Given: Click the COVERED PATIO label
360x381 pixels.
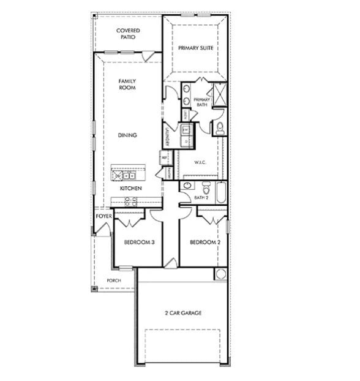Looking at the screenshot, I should pyautogui.click(x=128, y=34).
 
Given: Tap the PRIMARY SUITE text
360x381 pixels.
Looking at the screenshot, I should pyautogui.click(x=196, y=48).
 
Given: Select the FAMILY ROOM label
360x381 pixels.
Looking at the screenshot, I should pyautogui.click(x=127, y=84).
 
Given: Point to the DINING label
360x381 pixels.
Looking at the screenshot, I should pyautogui.click(x=127, y=135).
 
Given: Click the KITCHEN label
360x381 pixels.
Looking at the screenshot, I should pyautogui.click(x=131, y=188).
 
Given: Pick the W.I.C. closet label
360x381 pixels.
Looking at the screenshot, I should pyautogui.click(x=200, y=162).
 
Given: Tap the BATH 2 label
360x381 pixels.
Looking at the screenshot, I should pyautogui.click(x=201, y=198).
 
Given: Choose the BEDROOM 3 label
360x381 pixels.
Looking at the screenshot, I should pyautogui.click(x=139, y=243).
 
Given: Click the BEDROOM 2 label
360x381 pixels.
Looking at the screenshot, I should pyautogui.click(x=205, y=243).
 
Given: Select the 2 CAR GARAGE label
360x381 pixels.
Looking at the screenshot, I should pyautogui.click(x=183, y=313).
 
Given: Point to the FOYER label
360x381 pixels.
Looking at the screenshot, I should pyautogui.click(x=103, y=217).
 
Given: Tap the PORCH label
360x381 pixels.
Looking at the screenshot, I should pyautogui.click(x=114, y=281).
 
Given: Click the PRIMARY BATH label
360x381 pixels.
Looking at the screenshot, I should pyautogui.click(x=202, y=102).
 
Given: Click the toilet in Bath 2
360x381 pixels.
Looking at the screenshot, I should pyautogui.click(x=205, y=186).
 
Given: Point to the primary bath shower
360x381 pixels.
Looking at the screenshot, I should pyautogui.click(x=217, y=95).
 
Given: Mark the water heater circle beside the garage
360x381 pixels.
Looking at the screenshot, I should pyautogui.click(x=220, y=274).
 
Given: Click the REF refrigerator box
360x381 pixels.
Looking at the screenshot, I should pyautogui.click(x=164, y=157).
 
